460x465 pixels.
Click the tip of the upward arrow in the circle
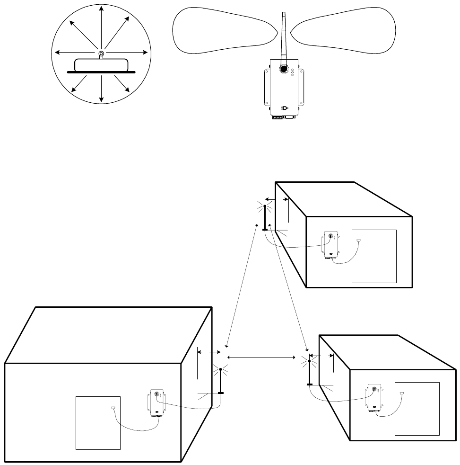coord(101,8)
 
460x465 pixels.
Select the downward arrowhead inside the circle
coord(101,100)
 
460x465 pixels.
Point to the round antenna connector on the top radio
coord(283,69)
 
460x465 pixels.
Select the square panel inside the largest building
coord(98,422)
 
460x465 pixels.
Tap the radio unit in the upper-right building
coord(330,246)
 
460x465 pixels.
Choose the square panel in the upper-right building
coord(374,256)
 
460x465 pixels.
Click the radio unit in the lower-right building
coord(374,398)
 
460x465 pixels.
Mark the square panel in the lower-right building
coord(417,409)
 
